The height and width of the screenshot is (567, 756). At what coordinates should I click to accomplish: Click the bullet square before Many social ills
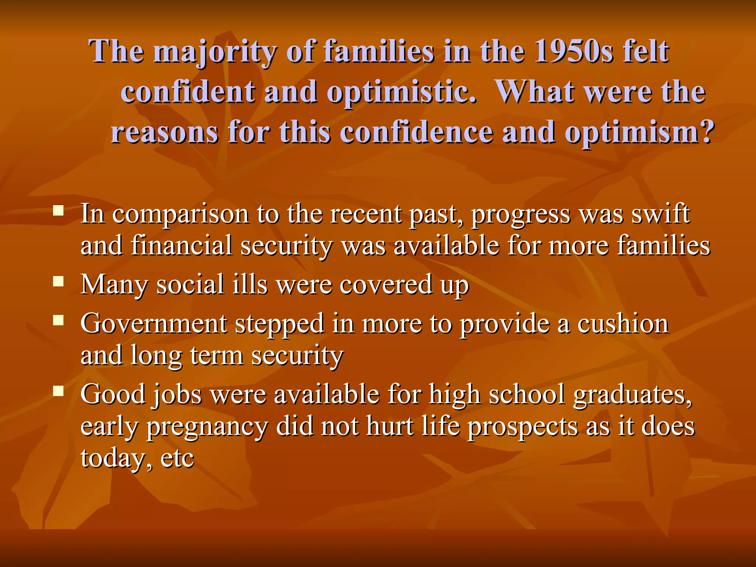58,282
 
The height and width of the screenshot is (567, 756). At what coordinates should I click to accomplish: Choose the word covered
385,285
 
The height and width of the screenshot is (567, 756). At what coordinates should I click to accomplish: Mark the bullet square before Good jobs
58,391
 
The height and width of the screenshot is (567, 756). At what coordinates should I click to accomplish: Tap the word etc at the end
178,459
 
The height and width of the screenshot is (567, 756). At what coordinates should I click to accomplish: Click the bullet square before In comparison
58,211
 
